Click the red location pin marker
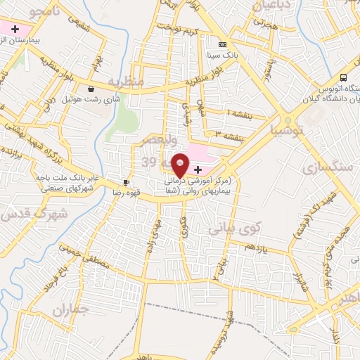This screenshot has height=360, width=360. coord(180,164)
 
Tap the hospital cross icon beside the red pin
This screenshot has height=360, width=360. coord(198,169)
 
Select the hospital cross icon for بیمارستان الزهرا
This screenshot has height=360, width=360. coord(14,28)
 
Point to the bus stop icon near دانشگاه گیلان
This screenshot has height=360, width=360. coord(343,77)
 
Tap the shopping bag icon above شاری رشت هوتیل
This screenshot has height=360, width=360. coord(92,89)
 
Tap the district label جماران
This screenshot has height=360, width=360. coord(72,310)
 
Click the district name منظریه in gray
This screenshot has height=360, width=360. coord(125,82)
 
